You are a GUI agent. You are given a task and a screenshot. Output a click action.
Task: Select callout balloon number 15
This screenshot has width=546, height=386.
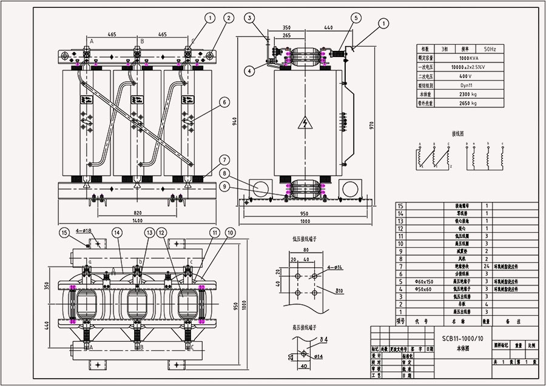point(65,233)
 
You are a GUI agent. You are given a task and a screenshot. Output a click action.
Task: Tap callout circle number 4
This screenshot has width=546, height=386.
point(250,70)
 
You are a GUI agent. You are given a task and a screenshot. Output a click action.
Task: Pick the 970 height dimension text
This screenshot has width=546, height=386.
point(372,125)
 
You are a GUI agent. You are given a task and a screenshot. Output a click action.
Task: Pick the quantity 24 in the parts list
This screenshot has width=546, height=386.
point(487,266)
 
